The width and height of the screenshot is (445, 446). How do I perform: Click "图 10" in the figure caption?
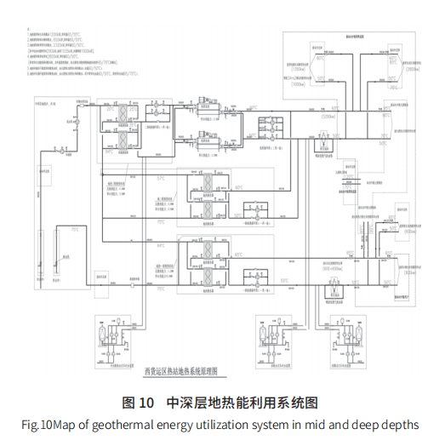[138, 402]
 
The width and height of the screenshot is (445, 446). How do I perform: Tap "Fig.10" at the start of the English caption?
[37, 424]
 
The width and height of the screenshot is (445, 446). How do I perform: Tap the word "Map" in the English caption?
[70, 424]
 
